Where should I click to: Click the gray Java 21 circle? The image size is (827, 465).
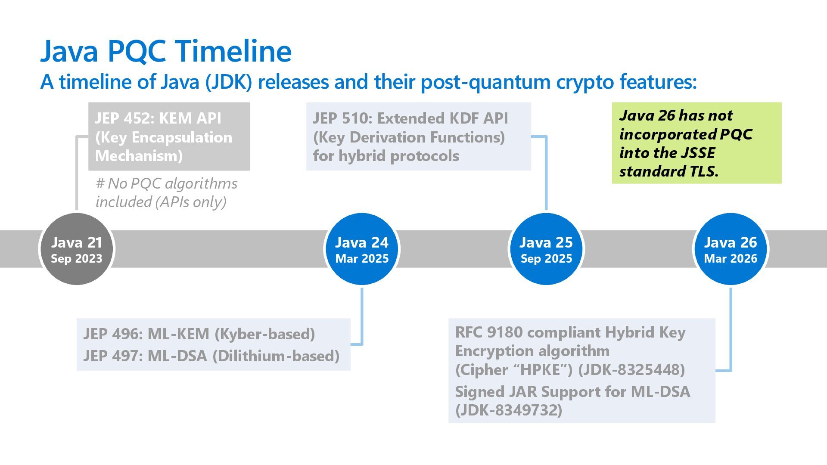point(77,249)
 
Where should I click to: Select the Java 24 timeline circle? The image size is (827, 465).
point(362,249)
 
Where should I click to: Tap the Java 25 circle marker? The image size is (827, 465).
point(546,249)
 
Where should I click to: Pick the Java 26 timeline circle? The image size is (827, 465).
point(731,249)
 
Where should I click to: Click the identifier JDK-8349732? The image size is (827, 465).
point(509,410)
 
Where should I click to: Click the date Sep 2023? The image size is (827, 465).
point(77,259)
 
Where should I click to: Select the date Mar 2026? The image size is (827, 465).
point(731,259)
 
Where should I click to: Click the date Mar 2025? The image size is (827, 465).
point(362,259)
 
